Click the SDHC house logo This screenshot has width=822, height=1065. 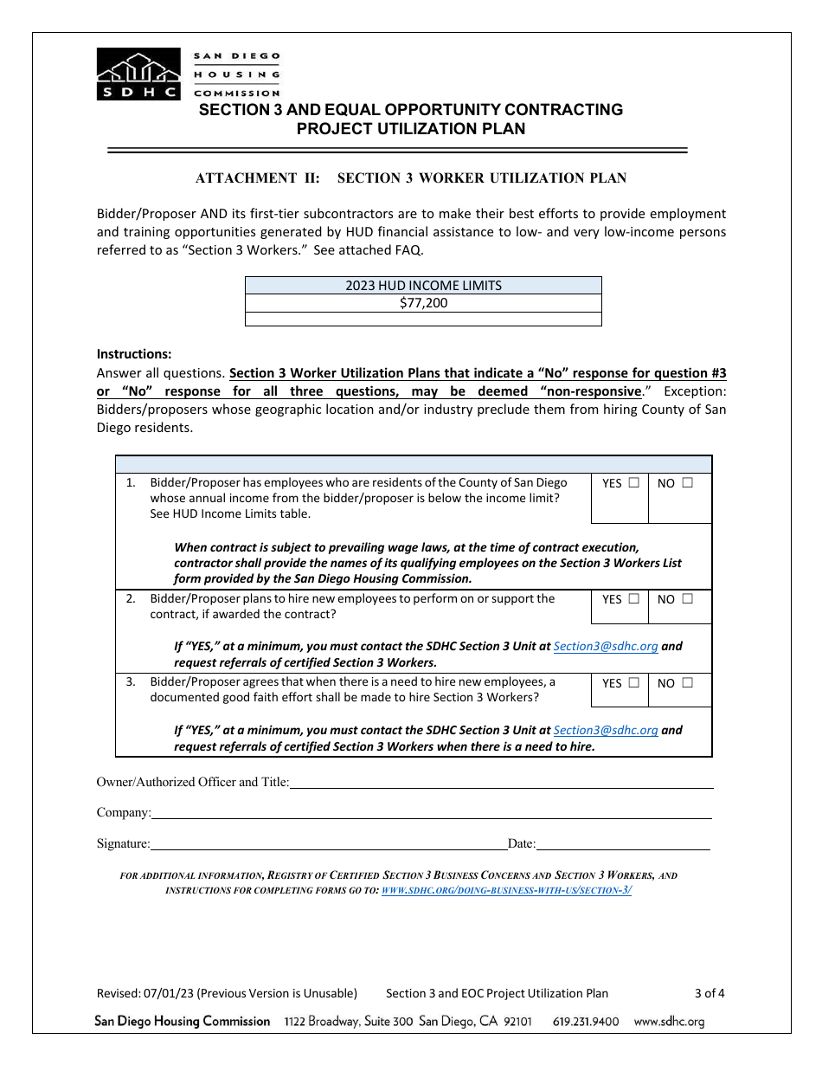(138, 74)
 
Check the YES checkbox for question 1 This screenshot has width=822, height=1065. (634, 483)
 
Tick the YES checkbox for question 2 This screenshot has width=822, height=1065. (634, 598)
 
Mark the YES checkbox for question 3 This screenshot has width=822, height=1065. (634, 682)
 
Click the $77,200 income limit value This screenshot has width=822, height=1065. (423, 303)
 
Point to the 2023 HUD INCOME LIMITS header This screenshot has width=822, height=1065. (423, 286)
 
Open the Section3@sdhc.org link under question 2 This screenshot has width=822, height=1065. (606, 646)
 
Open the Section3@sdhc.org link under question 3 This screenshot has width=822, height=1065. (606, 730)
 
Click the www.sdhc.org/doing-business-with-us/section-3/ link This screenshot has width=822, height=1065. (506, 890)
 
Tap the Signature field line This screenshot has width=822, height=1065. (329, 844)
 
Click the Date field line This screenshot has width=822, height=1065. (623, 844)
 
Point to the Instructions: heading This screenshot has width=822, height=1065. (134, 354)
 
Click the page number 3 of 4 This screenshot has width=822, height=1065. (710, 993)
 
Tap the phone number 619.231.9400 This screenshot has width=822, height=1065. (586, 1022)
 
